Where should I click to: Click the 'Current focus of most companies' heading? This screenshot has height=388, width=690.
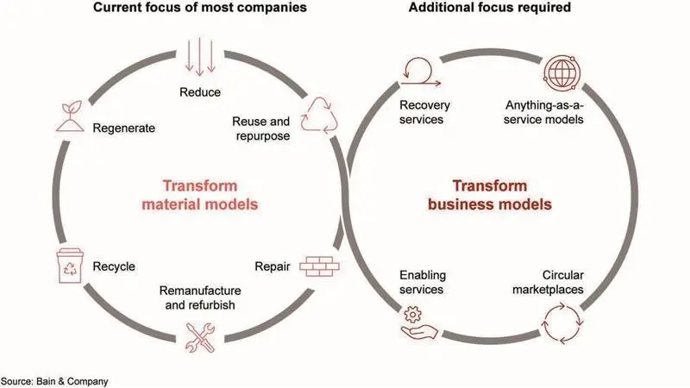[199, 10]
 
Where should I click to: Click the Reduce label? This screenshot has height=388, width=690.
[200, 91]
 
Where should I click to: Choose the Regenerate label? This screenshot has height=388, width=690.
[124, 128]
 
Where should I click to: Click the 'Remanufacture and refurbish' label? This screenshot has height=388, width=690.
[201, 297]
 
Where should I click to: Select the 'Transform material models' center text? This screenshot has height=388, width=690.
[200, 196]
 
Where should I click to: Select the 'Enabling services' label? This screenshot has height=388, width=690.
[421, 281]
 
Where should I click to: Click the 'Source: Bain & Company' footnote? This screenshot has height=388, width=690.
[55, 380]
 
